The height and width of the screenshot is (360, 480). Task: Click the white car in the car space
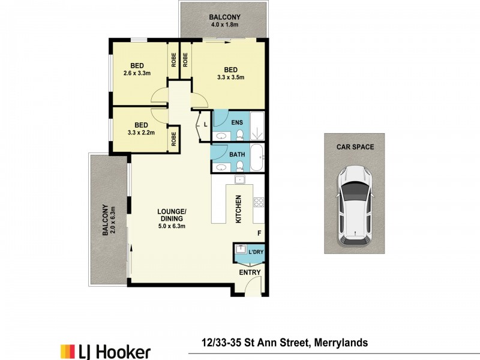click(x=355, y=206)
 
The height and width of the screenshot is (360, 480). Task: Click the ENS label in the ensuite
click(x=236, y=121)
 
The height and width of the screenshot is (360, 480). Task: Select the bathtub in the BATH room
click(x=256, y=158)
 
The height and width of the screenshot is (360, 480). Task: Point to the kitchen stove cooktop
click(x=259, y=202)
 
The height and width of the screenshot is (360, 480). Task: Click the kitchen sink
click(x=239, y=179)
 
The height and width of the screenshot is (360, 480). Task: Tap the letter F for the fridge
click(x=259, y=233)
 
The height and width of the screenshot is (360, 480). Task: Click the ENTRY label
click(x=250, y=272)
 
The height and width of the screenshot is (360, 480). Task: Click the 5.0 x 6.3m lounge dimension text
click(x=172, y=227)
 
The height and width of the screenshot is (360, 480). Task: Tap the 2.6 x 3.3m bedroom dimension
click(x=137, y=73)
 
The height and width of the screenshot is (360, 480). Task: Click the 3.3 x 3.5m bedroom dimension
click(x=231, y=77)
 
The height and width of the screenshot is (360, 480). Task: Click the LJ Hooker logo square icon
click(x=67, y=351)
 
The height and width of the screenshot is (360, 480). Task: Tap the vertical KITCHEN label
click(x=238, y=209)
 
